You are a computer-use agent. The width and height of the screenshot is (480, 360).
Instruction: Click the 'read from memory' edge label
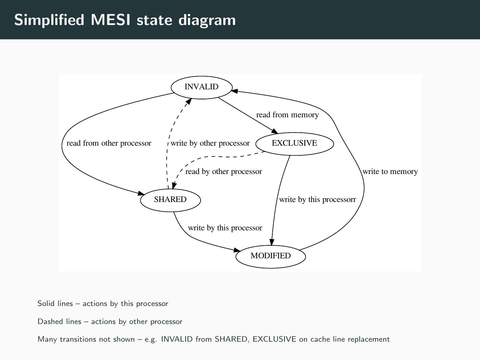pos(287,115)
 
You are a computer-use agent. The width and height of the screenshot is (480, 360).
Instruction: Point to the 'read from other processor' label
pos(109,143)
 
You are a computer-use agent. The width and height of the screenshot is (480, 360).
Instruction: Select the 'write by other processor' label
pos(210,143)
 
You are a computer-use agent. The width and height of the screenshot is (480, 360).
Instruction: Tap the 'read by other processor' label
pos(224,172)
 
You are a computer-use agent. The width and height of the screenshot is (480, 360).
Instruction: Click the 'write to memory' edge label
pos(390,172)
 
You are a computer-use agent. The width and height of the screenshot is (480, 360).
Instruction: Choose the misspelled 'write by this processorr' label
pos(318,200)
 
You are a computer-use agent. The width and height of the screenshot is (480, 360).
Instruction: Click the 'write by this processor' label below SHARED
pos(225,228)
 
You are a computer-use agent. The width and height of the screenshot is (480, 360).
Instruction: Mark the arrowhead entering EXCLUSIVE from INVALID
pos(275,131)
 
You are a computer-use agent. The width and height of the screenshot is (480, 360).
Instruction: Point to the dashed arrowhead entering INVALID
pos(189,101)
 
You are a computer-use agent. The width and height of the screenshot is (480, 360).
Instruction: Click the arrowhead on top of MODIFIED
pos(272,242)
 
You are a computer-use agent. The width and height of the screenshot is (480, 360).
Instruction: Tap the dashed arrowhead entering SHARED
pos(174,185)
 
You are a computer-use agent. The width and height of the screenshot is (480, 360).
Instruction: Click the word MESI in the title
pos(110,20)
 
